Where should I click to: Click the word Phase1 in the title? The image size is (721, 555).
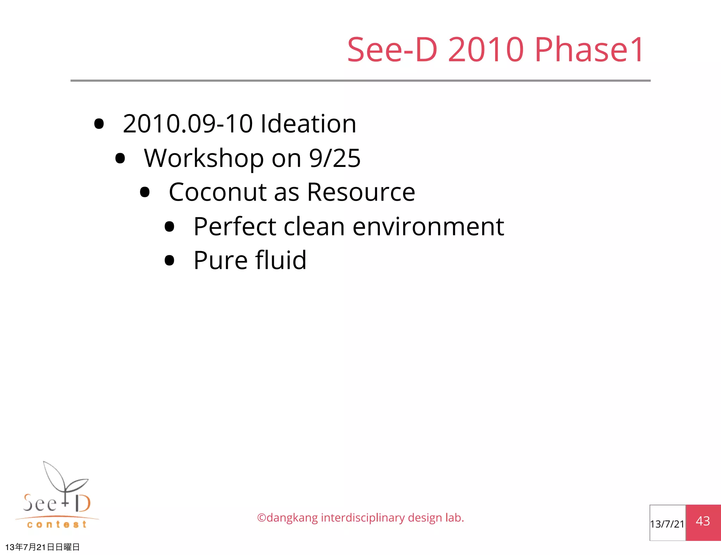[589, 50]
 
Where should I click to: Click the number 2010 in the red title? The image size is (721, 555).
[486, 50]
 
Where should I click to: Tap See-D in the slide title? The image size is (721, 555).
[392, 50]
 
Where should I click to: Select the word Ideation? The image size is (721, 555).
[308, 124]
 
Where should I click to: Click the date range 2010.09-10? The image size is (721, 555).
[188, 124]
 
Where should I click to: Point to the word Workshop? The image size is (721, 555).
[204, 158]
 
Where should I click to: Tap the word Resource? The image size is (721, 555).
[361, 192]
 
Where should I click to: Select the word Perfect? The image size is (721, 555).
[235, 226]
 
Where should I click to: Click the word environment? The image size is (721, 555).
[428, 226]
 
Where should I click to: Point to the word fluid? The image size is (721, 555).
[281, 260]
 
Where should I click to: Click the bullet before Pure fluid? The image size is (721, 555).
[169, 260]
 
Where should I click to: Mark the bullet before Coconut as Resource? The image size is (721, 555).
[145, 192]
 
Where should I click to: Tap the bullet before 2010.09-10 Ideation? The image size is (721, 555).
[99, 124]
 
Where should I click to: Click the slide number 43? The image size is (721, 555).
[703, 521]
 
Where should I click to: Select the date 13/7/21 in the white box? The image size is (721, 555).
[667, 524]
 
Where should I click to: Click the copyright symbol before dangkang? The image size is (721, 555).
[261, 518]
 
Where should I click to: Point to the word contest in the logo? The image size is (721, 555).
[57, 525]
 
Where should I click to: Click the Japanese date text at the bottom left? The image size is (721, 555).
[42, 547]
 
